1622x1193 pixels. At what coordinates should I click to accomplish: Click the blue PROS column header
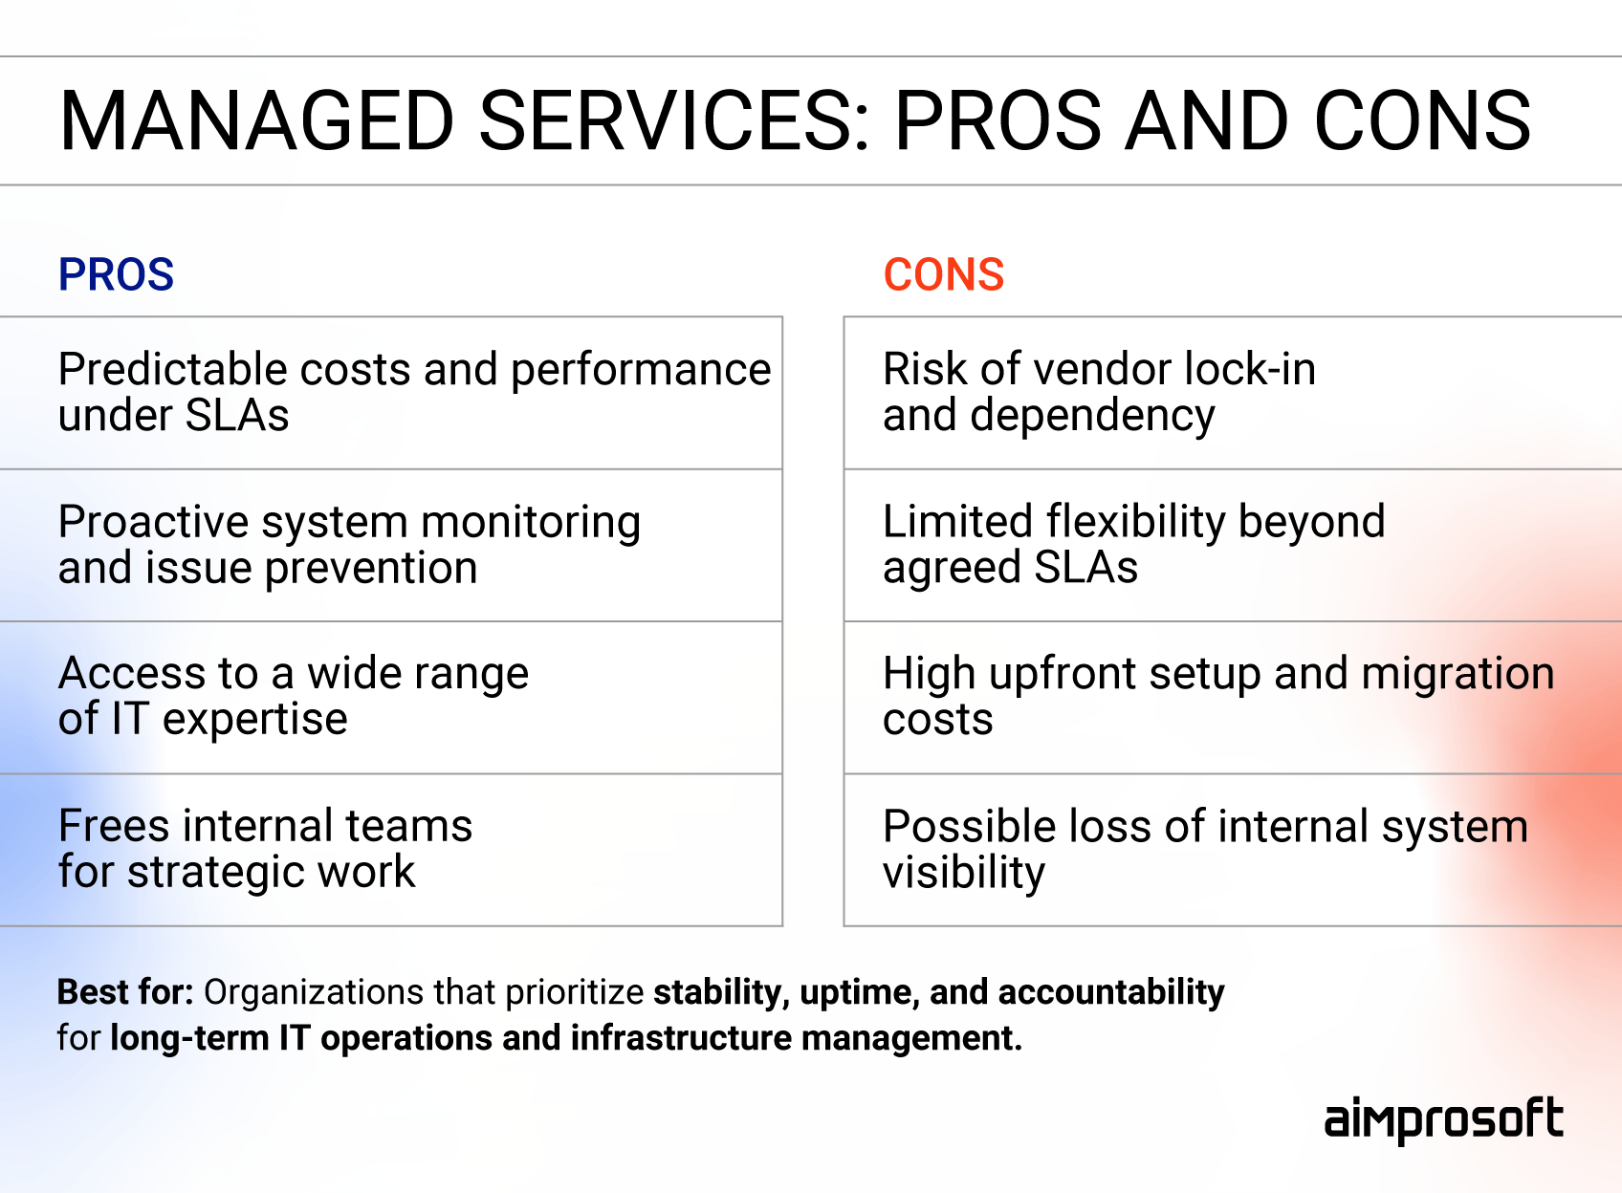116,275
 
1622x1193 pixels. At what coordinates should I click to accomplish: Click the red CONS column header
943,275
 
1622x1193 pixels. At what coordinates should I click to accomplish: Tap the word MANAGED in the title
255,121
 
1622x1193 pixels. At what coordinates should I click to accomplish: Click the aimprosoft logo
1443,1119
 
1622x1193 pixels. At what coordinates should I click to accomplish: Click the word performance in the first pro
641,370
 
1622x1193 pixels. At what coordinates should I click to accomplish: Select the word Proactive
153,523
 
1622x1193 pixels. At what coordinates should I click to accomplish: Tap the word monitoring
531,523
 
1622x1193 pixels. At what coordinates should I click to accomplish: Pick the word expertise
254,720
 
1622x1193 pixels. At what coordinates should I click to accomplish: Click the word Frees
114,826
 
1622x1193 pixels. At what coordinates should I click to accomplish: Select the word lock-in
1250,370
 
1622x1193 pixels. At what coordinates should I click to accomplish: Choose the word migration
1458,674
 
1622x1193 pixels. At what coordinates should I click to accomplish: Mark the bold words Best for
125,992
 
